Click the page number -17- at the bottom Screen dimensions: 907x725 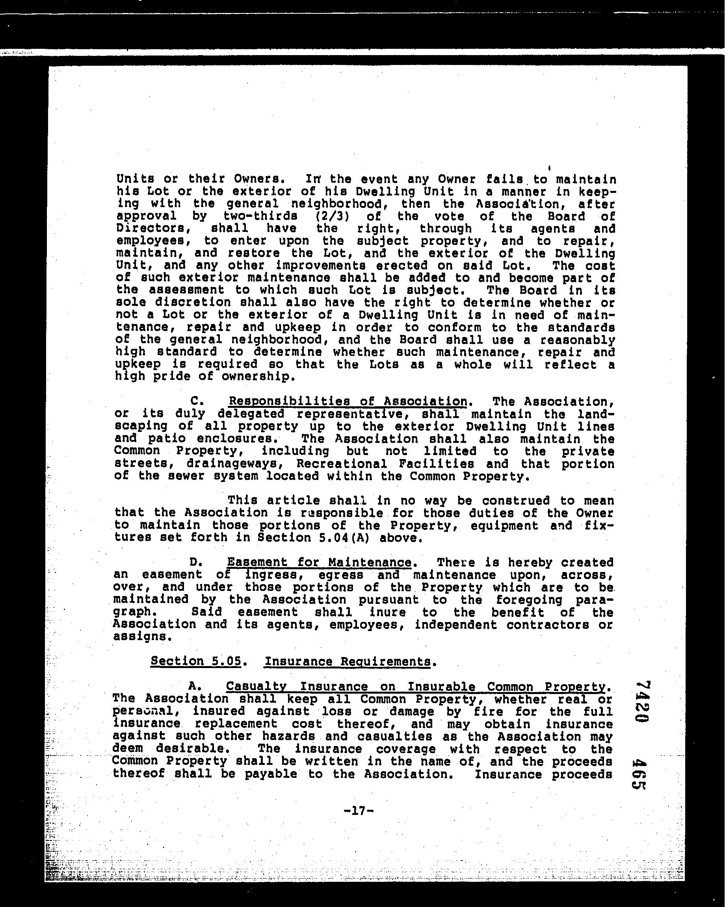(x=358, y=811)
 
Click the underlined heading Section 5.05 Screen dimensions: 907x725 (x=196, y=661)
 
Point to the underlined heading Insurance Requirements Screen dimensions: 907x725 (x=348, y=661)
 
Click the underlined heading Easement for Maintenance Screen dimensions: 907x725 (x=319, y=562)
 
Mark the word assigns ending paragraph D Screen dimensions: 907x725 (x=141, y=637)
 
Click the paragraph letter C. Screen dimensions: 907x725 (x=194, y=402)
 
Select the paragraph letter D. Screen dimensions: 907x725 (x=194, y=563)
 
